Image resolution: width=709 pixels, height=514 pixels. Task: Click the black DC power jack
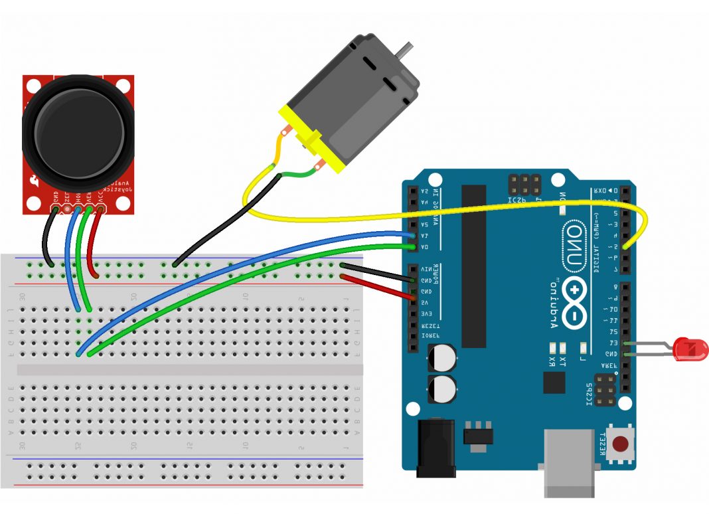435,448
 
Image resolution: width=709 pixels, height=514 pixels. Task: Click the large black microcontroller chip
474,266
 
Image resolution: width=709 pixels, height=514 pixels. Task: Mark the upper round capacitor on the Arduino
443,359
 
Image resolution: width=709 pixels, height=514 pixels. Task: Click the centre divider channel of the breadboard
189,369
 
